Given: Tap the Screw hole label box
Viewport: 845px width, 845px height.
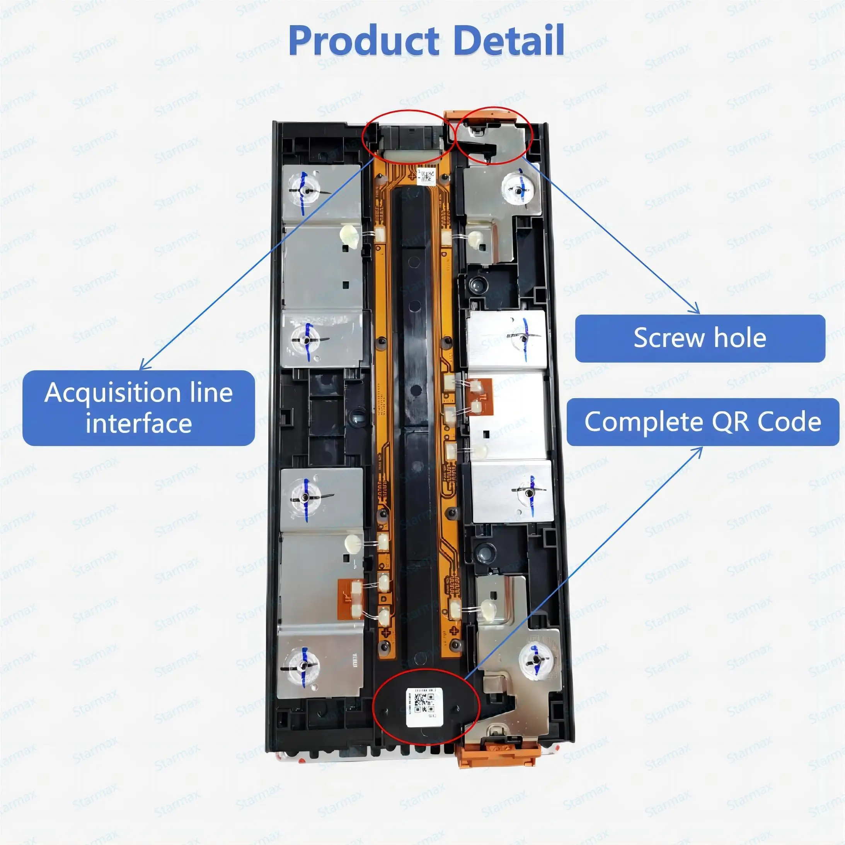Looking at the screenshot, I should pyautogui.click(x=700, y=338).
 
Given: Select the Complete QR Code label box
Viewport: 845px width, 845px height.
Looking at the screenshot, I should pyautogui.click(x=702, y=422).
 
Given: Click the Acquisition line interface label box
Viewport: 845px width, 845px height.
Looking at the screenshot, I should pyautogui.click(x=138, y=408).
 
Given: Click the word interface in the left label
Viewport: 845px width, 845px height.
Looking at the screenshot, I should pyautogui.click(x=138, y=423).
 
